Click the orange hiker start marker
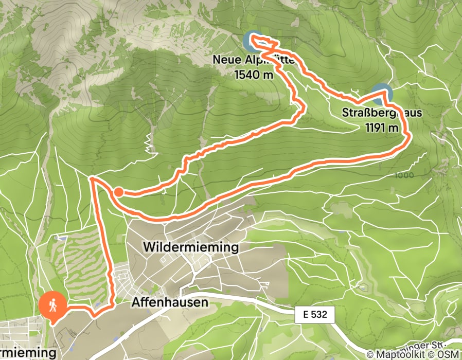coord(52,307)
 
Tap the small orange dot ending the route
coord(118,192)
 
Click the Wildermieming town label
coord(190,248)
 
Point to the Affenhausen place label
coord(170,302)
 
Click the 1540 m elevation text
coord(254,74)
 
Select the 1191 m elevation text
coord(382,128)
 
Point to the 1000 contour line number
coord(404,175)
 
